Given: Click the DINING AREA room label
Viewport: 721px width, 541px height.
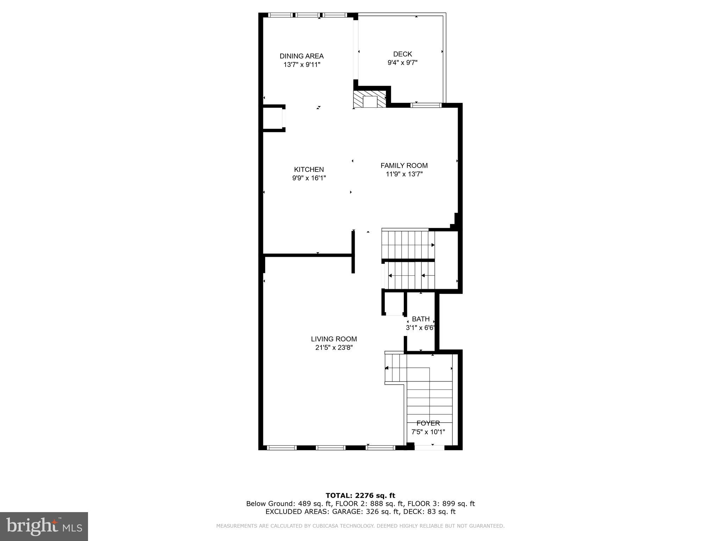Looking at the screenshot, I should click(301, 56).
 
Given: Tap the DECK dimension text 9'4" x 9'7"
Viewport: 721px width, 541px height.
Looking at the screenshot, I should click(402, 63).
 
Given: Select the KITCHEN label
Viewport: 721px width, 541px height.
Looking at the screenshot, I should click(309, 169).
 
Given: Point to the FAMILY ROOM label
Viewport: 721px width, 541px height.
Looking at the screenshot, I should click(404, 166).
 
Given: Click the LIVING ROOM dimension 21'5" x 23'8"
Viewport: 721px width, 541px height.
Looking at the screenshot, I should click(334, 348).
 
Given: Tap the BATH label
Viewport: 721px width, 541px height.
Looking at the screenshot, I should click(421, 319).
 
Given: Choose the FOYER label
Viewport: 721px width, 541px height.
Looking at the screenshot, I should click(428, 423).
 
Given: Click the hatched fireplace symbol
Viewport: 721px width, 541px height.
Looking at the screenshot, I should click(370, 100).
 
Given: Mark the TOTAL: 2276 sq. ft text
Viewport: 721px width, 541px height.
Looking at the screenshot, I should click(360, 496).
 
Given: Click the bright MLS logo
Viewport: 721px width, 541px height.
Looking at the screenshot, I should click(44, 526).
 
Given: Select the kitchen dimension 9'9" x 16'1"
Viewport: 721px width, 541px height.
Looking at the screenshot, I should click(309, 178).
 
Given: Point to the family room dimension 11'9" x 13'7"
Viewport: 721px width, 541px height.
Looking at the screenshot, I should click(404, 174).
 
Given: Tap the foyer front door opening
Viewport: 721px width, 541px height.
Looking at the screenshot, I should click(430, 448).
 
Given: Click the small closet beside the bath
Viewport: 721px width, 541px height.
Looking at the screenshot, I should click(394, 303).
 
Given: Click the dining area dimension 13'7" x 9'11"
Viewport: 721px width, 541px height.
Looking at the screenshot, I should click(301, 64).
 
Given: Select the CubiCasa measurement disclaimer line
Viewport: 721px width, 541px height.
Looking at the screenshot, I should click(360, 526).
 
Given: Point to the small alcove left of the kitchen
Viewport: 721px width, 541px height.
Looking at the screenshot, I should click(273, 118).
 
